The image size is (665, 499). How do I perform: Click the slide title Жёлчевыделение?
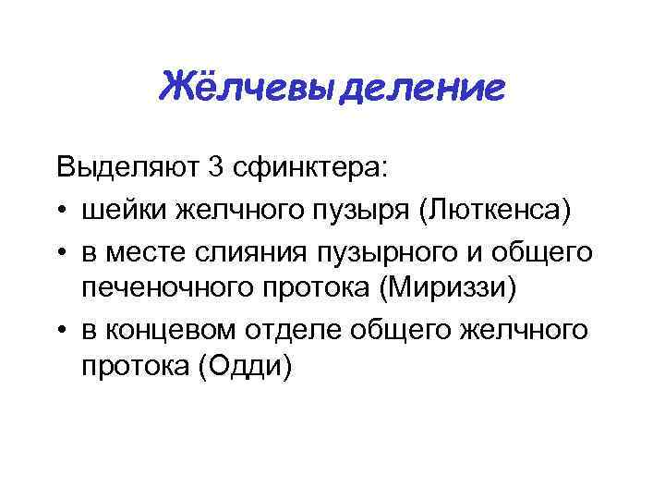point(332,90)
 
